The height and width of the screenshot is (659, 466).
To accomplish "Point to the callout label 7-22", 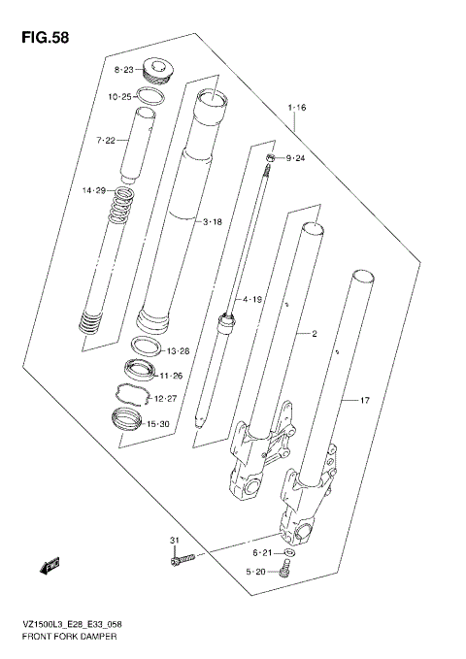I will [105, 142].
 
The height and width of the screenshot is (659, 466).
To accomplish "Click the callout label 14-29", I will [94, 191].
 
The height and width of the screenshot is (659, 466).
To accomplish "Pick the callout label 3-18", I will [212, 222].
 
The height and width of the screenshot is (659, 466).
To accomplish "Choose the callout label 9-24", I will [293, 158].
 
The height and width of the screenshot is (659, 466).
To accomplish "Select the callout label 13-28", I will [178, 350].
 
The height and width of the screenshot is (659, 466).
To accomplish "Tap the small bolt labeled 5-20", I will [284, 572].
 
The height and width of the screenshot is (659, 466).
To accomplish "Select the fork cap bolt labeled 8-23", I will [155, 70].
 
